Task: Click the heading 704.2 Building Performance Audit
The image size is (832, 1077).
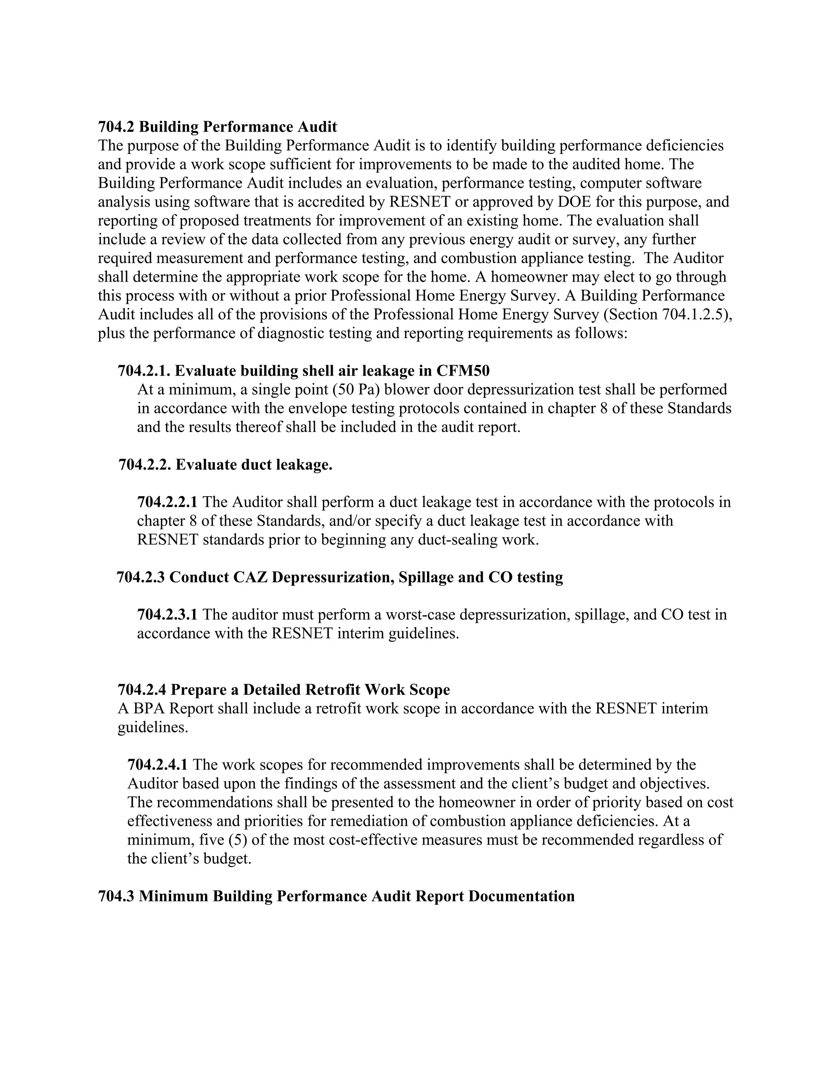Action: click(x=217, y=127)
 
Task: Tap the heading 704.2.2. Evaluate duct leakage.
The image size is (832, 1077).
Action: click(x=225, y=465)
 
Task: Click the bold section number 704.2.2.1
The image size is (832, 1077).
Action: click(x=167, y=502)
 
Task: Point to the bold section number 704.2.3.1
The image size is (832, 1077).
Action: click(x=167, y=614)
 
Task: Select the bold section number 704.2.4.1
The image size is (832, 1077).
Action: click(x=157, y=764)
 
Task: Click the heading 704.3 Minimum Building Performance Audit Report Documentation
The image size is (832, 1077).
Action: click(x=336, y=896)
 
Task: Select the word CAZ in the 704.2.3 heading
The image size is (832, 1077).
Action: click(x=250, y=577)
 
